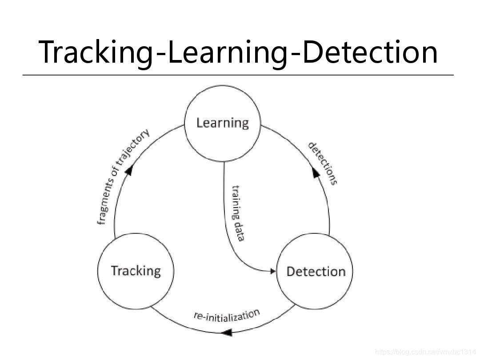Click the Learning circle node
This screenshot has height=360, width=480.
click(x=222, y=123)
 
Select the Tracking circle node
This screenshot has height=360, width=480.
click(x=136, y=271)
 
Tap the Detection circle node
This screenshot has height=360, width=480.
click(x=315, y=271)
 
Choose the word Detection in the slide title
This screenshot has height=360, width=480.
click(x=366, y=52)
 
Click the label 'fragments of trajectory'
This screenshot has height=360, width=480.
click(x=122, y=177)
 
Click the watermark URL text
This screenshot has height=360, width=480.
click(x=426, y=352)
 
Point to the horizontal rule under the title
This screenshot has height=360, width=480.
click(x=238, y=75)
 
